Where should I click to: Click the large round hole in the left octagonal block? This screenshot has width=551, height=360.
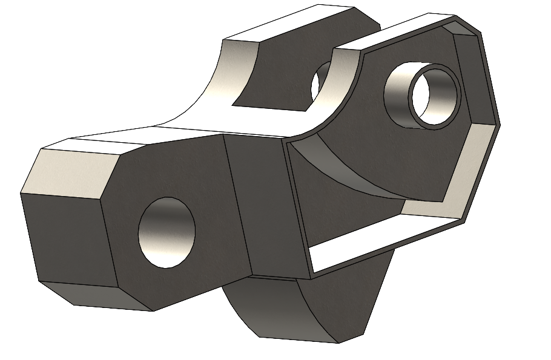point(167,233)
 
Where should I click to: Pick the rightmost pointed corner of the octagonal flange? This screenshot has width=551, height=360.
point(500,125)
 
